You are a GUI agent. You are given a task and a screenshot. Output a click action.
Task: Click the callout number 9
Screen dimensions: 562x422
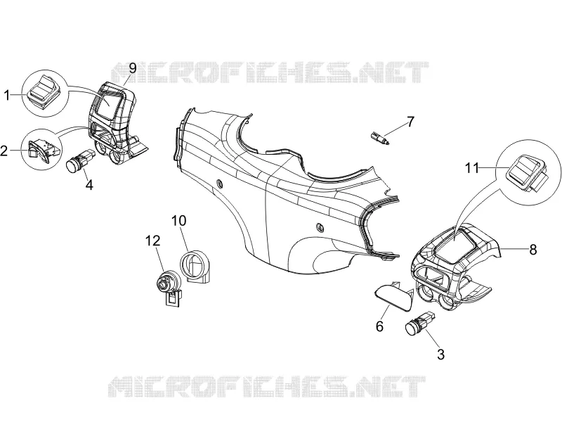[x=133, y=68]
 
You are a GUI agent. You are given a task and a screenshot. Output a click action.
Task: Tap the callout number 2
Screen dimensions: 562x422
[x=4, y=151]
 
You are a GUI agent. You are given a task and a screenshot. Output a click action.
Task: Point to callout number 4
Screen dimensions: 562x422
[x=89, y=185]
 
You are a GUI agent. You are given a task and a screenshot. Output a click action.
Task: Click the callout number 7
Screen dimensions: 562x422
[x=410, y=122]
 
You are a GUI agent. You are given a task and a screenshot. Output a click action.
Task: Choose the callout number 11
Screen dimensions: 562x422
[x=472, y=168]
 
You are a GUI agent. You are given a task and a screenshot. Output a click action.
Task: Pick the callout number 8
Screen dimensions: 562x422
[x=533, y=250]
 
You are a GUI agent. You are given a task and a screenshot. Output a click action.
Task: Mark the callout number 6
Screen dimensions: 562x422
[x=379, y=326]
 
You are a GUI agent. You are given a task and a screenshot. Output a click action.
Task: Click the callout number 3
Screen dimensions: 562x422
[x=441, y=354]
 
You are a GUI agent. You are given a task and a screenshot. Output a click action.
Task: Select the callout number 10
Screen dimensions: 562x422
[x=179, y=220]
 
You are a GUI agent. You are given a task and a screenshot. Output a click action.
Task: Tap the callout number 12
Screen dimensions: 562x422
[x=152, y=241]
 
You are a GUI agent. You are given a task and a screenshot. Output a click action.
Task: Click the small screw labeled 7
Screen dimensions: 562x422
[x=380, y=138]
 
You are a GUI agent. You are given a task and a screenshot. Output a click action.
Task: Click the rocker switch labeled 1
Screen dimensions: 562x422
[x=44, y=92]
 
